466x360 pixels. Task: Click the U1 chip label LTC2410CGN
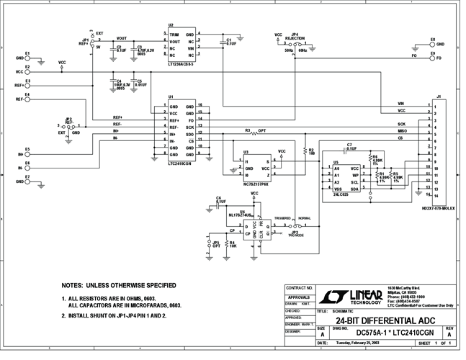[x=180, y=163]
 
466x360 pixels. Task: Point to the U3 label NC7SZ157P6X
[x=255, y=184]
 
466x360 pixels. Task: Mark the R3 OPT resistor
[x=254, y=132]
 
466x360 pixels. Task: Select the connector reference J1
[x=439, y=95]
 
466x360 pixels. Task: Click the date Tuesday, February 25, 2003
[x=358, y=343]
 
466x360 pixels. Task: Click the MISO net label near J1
[x=401, y=131]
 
